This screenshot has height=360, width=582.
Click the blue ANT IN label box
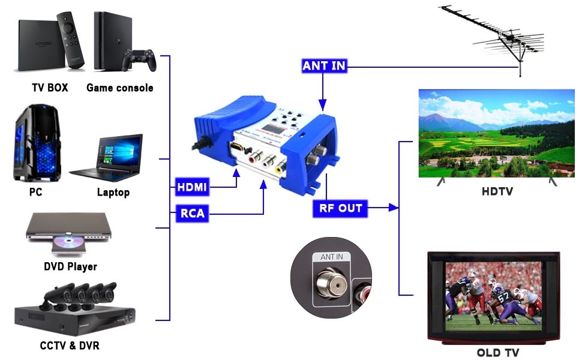325,65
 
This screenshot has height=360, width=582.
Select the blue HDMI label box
192,187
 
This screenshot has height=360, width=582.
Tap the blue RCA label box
192,212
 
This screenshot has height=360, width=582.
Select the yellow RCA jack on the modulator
279,168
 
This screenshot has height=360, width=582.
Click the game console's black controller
140,60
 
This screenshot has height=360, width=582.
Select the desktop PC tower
37,143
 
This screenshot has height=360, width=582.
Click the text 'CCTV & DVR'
70,346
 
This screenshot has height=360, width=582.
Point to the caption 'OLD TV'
497,352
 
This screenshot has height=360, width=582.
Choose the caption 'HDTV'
496,192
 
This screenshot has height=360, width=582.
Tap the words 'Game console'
119,88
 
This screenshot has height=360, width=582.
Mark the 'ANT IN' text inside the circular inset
331,257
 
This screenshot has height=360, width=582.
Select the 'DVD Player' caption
70,266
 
